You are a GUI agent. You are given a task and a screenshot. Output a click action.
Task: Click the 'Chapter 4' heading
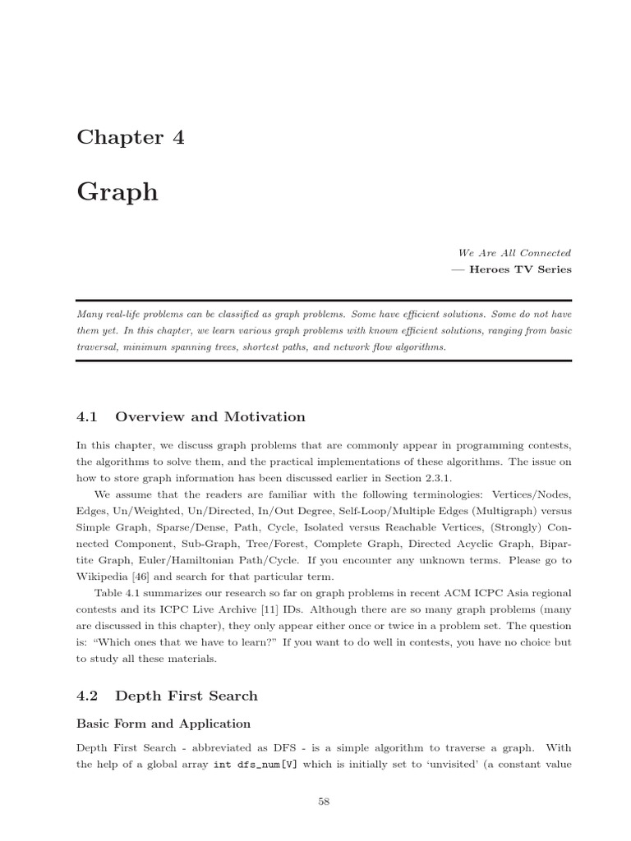(131, 138)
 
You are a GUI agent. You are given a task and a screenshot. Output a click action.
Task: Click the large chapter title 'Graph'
(117, 192)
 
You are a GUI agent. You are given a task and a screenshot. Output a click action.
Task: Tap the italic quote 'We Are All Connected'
(514, 253)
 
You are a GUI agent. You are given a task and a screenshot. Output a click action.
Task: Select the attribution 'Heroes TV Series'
(519, 269)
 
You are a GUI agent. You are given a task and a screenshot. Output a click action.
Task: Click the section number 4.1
(87, 417)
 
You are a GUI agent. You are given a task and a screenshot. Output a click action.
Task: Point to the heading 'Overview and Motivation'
(210, 417)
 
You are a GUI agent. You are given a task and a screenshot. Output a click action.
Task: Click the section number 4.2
(87, 696)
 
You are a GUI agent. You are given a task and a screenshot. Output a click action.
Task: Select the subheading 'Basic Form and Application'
(164, 724)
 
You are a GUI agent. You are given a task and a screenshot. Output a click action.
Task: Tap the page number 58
(324, 802)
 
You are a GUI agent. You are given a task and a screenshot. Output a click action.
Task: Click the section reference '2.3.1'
(436, 479)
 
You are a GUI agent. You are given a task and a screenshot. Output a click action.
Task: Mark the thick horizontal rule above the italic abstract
(324, 301)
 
